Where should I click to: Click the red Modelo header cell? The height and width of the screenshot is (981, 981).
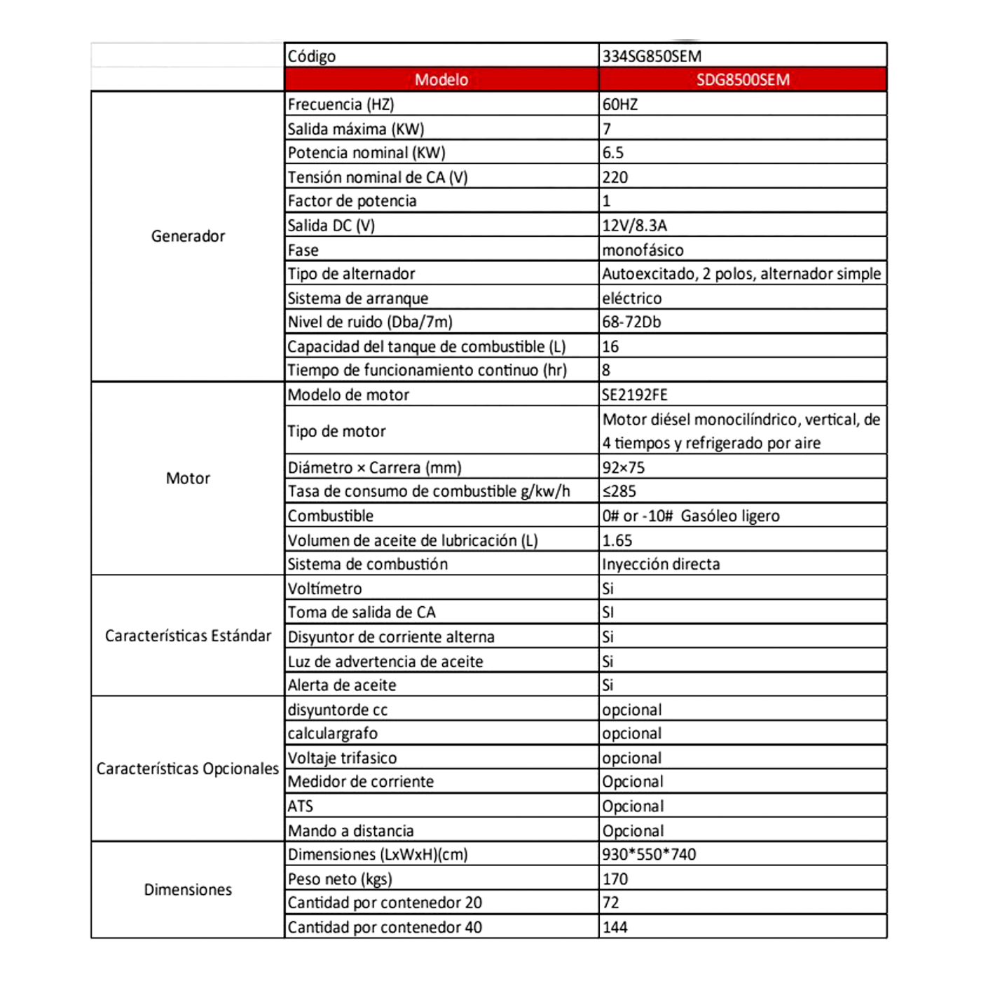[441, 80]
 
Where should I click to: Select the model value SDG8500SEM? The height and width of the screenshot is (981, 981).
[743, 80]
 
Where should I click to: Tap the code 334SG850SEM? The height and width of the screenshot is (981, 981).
[652, 56]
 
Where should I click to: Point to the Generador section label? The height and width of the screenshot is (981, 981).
[188, 236]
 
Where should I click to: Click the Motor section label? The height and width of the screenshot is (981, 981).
[188, 479]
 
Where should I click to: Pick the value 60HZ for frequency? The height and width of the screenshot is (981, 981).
[620, 104]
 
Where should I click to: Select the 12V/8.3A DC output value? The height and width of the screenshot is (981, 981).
[634, 226]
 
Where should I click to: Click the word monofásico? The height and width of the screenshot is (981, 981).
[643, 250]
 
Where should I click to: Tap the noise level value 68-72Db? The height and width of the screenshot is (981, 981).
[631, 322]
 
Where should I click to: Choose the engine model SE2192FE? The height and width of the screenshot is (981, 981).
[635, 395]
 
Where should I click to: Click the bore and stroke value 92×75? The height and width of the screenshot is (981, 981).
[624, 467]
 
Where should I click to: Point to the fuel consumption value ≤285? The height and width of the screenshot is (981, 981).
[619, 491]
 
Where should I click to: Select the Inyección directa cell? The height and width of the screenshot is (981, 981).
[661, 564]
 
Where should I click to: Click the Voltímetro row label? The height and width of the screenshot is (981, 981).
[324, 589]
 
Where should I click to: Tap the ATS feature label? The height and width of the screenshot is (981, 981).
[301, 807]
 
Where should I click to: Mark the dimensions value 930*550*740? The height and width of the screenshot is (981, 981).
[649, 855]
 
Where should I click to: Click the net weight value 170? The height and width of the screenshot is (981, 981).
[615, 879]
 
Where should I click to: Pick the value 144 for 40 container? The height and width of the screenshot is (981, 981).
[615, 928]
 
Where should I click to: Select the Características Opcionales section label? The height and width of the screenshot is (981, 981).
[188, 769]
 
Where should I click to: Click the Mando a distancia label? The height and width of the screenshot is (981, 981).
[350, 831]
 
